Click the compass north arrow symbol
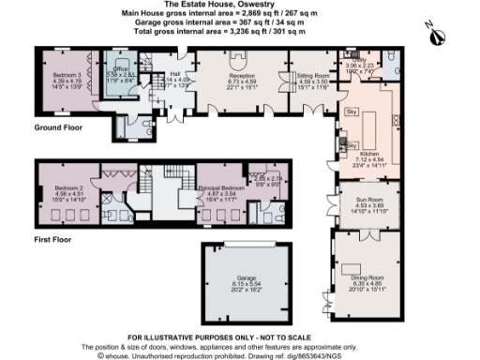coord(432,35)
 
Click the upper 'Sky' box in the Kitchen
coord(352,112)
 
